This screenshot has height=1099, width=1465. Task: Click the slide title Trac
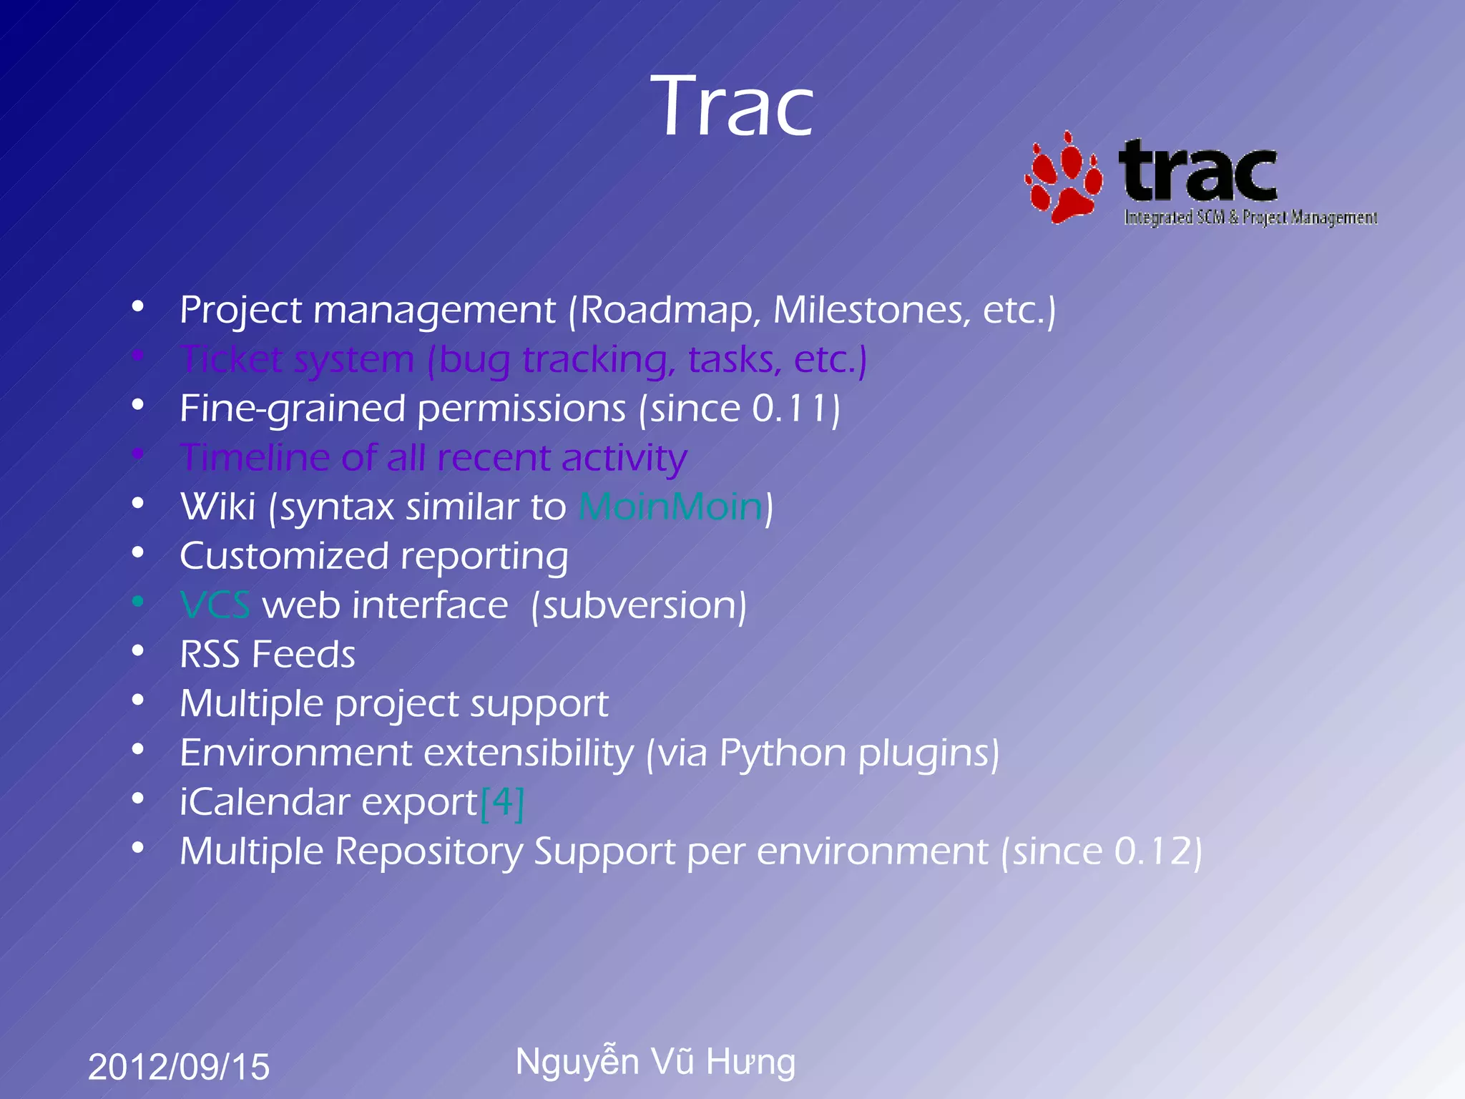pos(732,107)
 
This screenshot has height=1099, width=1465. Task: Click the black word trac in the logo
pos(1198,172)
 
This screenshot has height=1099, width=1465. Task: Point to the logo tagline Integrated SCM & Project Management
pos(1250,218)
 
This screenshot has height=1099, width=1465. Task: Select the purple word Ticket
pos(231,359)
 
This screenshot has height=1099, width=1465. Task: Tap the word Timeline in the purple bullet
pos(254,458)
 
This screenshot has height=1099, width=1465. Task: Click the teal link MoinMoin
pos(671,507)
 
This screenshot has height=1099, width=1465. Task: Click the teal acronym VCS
pos(215,606)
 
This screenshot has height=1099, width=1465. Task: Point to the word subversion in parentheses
pos(639,606)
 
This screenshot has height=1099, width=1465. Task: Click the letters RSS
pos(209,655)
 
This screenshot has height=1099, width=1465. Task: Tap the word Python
pos(783,753)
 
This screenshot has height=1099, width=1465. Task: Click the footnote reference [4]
pos(502,802)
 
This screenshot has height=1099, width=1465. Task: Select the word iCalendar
pos(265,802)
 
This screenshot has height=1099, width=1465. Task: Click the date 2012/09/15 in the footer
pos(179,1067)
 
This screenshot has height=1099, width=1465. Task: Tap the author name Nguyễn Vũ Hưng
pos(655,1061)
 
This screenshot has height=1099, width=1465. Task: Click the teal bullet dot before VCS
pos(138,602)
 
